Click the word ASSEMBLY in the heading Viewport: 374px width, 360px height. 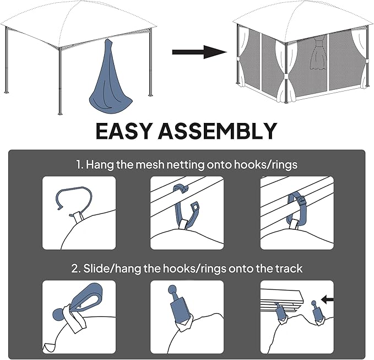(x=218, y=131)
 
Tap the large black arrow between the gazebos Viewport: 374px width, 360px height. (x=199, y=52)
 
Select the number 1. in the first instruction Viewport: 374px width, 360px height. (x=80, y=165)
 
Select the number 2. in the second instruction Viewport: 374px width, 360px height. (x=76, y=268)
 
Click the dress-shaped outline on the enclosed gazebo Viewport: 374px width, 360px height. (x=317, y=55)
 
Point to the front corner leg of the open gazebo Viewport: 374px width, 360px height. (x=60, y=80)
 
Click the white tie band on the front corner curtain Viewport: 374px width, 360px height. (x=286, y=77)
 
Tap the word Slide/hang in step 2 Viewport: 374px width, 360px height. (x=112, y=269)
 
